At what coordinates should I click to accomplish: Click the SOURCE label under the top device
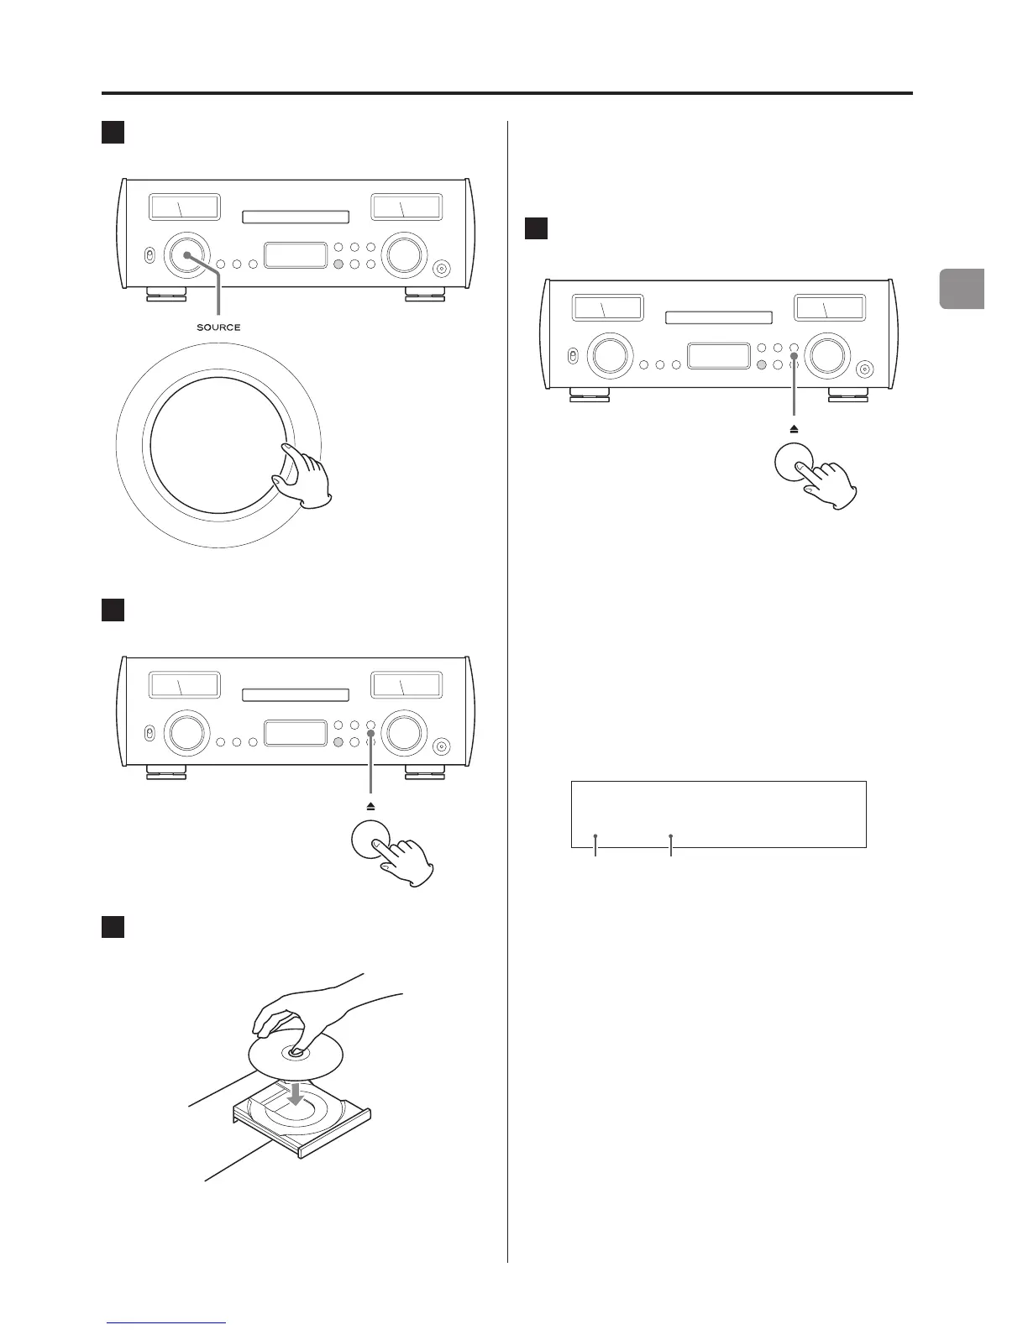pos(218,327)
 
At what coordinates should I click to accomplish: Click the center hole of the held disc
pos(296,1050)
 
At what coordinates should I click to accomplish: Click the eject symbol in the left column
pos(370,806)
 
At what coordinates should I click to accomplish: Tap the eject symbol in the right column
pos(794,428)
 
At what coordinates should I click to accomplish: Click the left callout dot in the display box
pos(595,836)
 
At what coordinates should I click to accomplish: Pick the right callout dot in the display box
pos(670,836)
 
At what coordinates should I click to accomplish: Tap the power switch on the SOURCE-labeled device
pos(149,255)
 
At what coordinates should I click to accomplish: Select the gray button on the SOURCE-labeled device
pos(338,264)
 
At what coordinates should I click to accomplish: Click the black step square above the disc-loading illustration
pos(113,926)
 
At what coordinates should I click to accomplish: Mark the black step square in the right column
pos(536,228)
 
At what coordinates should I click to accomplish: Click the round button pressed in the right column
pos(794,462)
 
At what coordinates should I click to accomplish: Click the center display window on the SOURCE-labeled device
pos(296,255)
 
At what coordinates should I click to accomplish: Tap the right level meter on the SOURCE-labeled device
pos(406,207)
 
